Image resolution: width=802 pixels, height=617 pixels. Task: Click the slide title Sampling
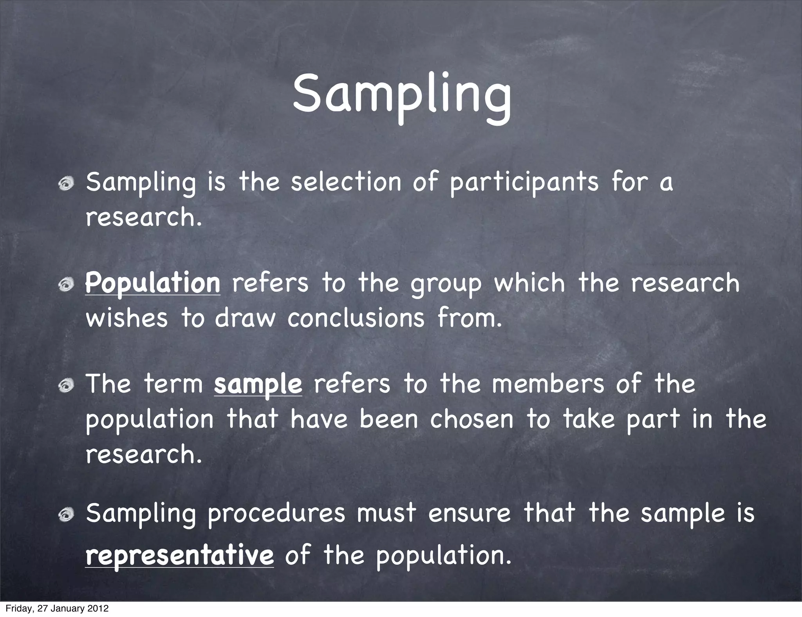click(x=402, y=96)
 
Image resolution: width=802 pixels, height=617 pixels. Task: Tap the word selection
click(x=346, y=182)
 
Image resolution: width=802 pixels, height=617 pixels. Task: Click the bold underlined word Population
click(x=153, y=283)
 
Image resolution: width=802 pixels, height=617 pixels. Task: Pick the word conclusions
click(x=356, y=318)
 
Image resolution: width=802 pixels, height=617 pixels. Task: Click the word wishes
click(x=126, y=318)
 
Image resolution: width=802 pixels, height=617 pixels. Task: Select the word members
click(x=548, y=384)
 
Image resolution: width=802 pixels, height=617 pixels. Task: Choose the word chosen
click(x=471, y=419)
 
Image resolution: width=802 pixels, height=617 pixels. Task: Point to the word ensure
click(x=469, y=513)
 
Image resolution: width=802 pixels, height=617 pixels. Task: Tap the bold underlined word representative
click(x=179, y=556)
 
